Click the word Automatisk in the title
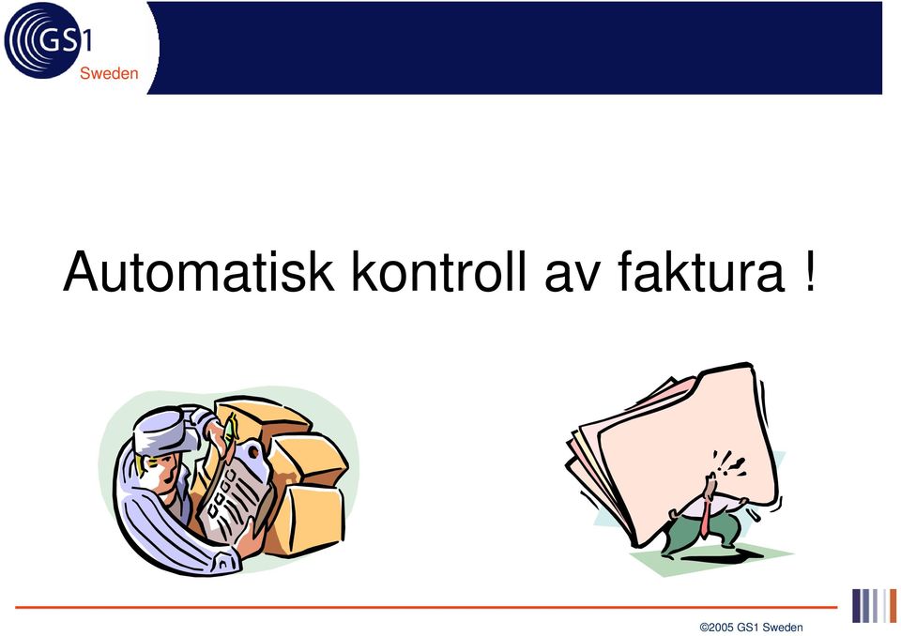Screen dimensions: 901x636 (x=199, y=271)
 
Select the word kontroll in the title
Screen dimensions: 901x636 (x=439, y=271)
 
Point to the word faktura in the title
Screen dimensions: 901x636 (x=701, y=271)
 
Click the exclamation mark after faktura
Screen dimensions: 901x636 (x=809, y=271)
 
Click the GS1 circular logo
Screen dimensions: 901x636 (x=46, y=40)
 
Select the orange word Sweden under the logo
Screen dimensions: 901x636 (x=109, y=73)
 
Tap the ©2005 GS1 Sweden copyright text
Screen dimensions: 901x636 (x=751, y=628)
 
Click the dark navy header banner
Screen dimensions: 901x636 (x=517, y=48)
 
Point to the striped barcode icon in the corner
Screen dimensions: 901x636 (x=875, y=606)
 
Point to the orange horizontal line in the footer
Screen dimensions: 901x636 (x=426, y=607)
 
